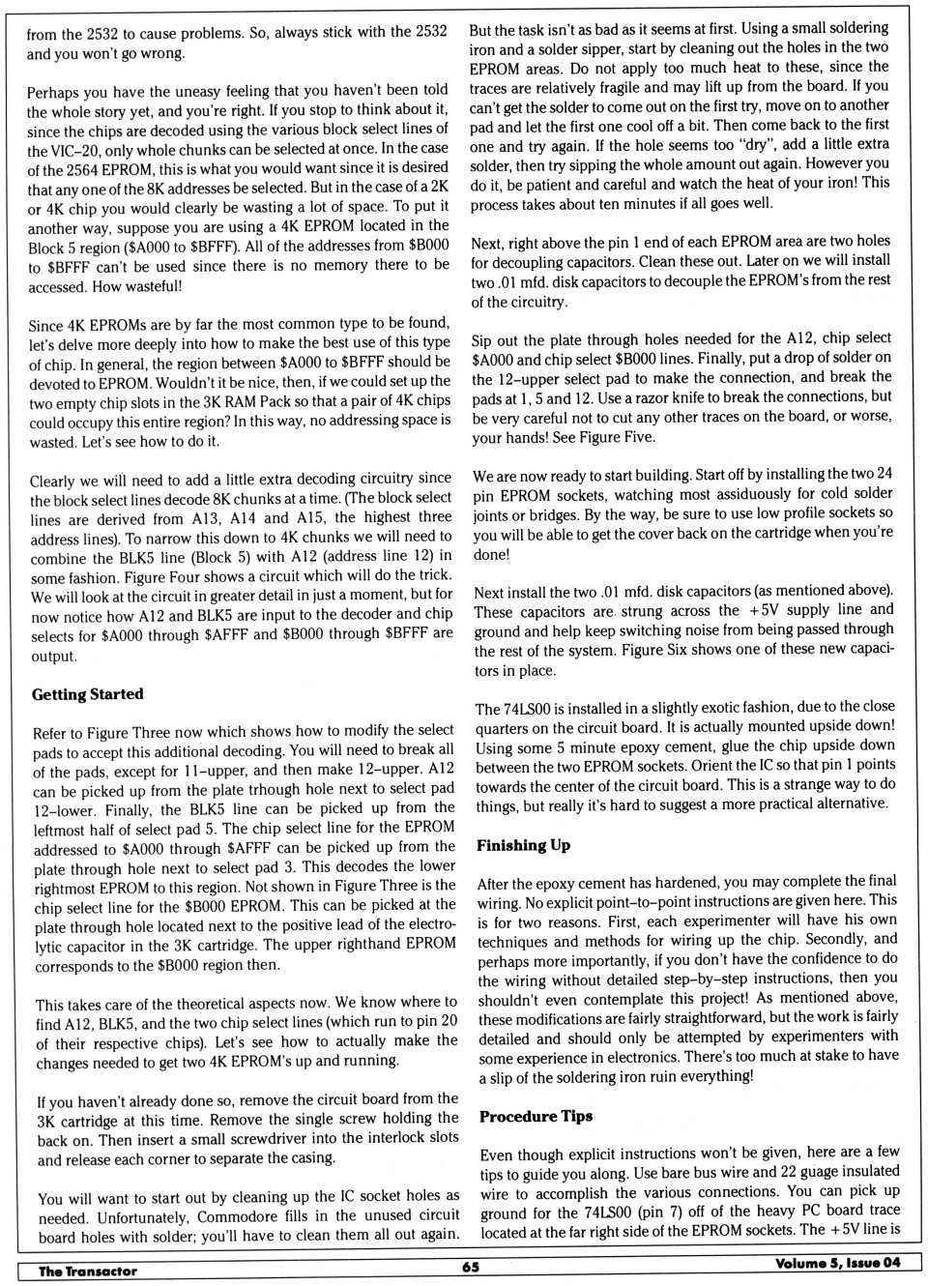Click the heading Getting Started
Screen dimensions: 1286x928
[87, 694]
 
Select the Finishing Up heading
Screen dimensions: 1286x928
[523, 845]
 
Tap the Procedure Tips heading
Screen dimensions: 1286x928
[536, 1116]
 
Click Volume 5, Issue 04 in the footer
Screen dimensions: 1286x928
[837, 1263]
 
